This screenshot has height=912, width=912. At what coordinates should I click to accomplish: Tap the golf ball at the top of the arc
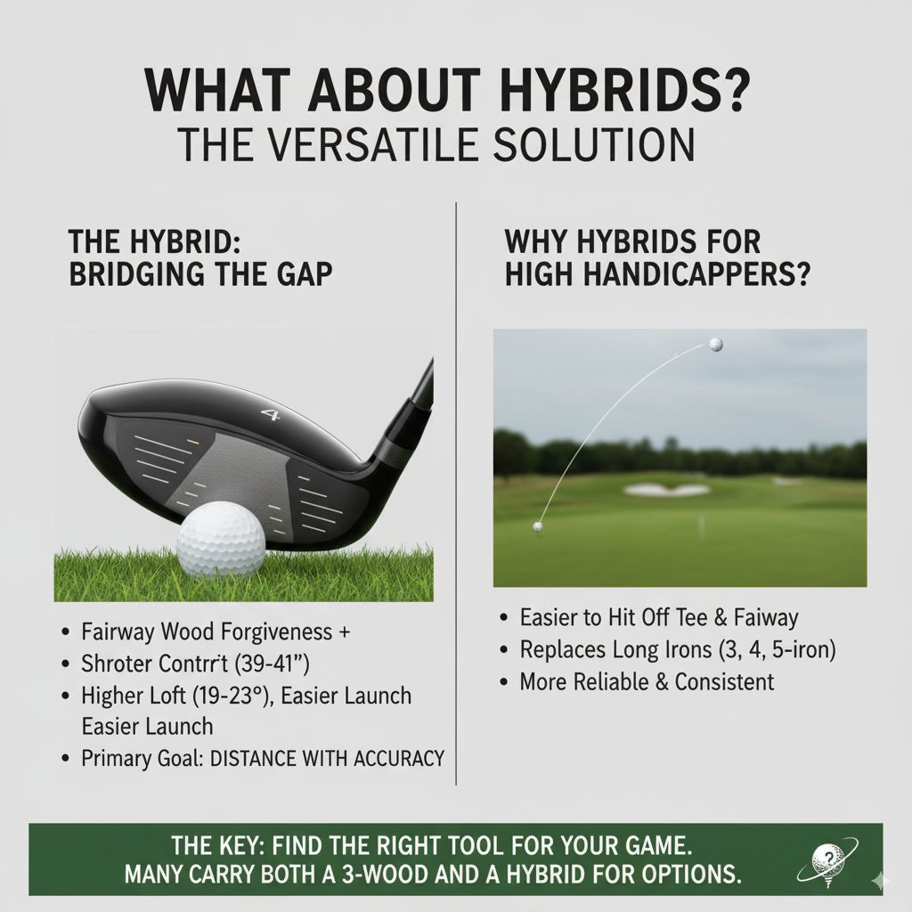point(715,345)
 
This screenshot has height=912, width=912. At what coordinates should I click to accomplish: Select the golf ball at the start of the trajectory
point(538,527)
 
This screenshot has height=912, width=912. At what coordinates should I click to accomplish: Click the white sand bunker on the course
point(668,489)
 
